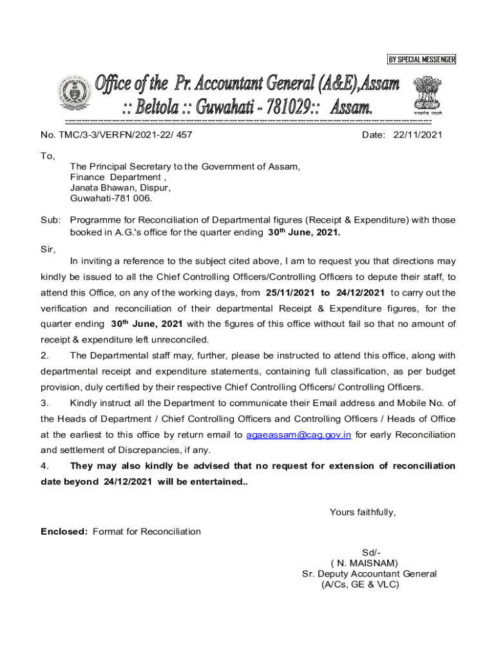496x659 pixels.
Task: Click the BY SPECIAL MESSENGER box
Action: pos(421,60)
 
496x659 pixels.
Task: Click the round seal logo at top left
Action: pos(72,94)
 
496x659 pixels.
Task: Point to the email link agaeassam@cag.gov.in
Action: pos(298,435)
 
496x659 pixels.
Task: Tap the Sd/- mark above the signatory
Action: pos(371,553)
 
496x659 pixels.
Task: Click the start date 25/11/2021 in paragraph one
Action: pos(290,293)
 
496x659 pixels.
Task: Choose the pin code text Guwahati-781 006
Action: pos(111,198)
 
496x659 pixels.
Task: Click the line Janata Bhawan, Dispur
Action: pos(120,188)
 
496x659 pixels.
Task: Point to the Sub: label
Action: pos(50,220)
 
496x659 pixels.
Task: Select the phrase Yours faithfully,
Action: pos(363,512)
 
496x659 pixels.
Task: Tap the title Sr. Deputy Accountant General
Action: pos(369,574)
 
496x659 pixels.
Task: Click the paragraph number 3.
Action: pos(44,404)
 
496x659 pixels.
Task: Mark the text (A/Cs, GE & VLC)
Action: pos(359,584)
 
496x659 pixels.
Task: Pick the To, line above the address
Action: pos(48,156)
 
